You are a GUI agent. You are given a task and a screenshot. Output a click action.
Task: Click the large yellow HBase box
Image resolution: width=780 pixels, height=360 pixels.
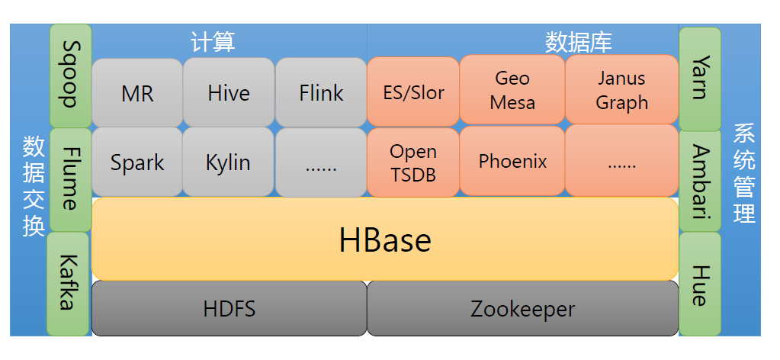coord(385,239)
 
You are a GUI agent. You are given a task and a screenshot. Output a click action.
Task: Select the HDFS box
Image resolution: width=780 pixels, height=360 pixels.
coord(230,308)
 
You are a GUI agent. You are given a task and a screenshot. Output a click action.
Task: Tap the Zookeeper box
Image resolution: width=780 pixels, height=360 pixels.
coord(523,308)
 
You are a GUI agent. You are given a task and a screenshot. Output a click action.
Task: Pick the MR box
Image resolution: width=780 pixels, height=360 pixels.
coord(137,92)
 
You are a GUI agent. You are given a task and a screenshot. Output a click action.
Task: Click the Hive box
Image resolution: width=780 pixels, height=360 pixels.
coord(229,92)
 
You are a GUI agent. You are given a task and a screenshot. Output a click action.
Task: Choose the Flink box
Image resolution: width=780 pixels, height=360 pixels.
coord(321,92)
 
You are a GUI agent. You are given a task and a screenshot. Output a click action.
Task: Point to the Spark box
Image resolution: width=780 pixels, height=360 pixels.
coord(137,162)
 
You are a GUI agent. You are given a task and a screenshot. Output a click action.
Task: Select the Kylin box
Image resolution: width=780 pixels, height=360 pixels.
coord(228,162)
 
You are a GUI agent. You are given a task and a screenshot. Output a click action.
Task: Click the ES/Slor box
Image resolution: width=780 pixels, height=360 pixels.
coord(413,92)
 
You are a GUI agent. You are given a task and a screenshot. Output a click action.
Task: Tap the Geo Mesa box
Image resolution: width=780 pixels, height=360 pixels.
coord(512,90)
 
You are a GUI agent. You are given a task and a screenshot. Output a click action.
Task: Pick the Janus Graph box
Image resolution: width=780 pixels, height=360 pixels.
coord(622,90)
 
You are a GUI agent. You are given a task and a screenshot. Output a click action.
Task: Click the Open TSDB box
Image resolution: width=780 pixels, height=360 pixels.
coord(413,162)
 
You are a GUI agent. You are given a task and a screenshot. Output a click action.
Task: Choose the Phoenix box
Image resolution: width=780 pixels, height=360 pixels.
coord(512,160)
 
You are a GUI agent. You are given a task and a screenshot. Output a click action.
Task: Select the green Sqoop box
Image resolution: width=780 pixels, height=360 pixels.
coord(71,76)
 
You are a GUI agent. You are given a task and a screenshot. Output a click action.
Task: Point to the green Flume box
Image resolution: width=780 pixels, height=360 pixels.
coord(71,180)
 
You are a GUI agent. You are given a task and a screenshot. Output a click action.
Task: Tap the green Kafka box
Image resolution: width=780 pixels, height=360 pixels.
coord(68,284)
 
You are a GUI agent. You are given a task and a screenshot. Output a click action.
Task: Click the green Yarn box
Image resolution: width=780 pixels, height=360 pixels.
coord(700,79)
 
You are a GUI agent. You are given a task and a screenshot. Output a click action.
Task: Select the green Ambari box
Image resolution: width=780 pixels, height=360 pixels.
coord(700,182)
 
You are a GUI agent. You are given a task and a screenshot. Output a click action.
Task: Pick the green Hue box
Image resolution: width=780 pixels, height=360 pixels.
coord(700,284)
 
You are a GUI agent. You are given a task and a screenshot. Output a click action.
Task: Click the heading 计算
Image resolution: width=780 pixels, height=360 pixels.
coord(213,42)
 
